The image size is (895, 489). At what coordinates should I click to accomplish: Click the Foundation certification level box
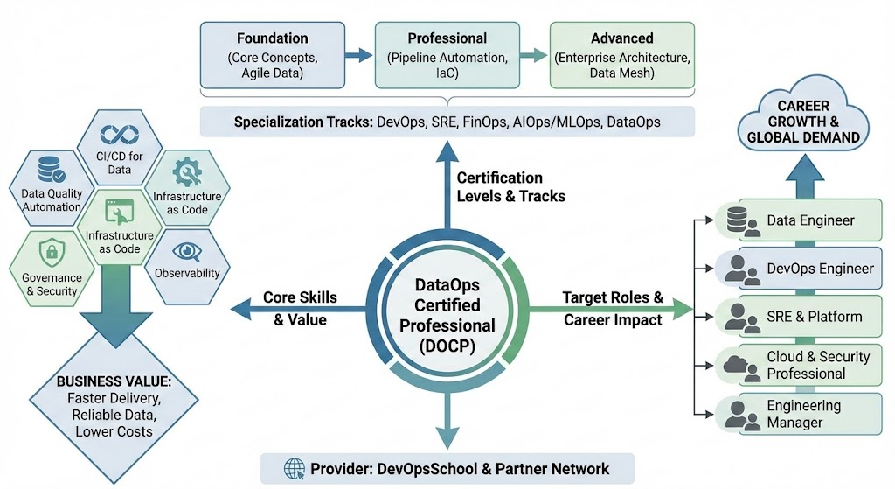(x=272, y=55)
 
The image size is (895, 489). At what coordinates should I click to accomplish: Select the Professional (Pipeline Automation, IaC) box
(x=447, y=55)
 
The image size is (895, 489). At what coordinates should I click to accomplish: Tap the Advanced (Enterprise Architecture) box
(x=621, y=55)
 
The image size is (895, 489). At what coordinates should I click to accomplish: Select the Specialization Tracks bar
(x=447, y=122)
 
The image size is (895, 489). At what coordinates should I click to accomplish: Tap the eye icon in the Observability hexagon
(x=185, y=251)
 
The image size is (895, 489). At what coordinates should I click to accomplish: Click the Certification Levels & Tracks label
(x=510, y=187)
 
